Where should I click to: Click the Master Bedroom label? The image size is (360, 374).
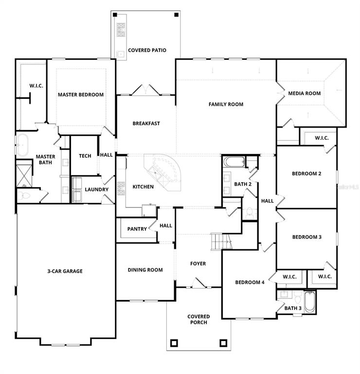coord(81,94)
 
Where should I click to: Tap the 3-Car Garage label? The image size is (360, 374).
coord(65,271)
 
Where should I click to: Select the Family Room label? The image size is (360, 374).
coord(226,104)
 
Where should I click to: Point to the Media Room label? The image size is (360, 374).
coord(305,93)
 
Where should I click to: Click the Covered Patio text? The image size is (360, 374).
coord(147,50)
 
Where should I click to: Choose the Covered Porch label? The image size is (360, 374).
coord(198,319)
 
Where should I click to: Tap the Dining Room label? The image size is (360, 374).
coord(145,270)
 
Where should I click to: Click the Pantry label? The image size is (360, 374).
coord(137,229)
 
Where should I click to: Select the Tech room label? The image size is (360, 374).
coord(85,156)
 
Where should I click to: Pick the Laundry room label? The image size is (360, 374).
coord(96,189)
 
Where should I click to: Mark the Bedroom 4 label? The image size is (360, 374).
coord(250,282)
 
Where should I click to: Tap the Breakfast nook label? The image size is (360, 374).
coord(146,124)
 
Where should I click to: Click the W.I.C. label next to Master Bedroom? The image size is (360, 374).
coord(36,86)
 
